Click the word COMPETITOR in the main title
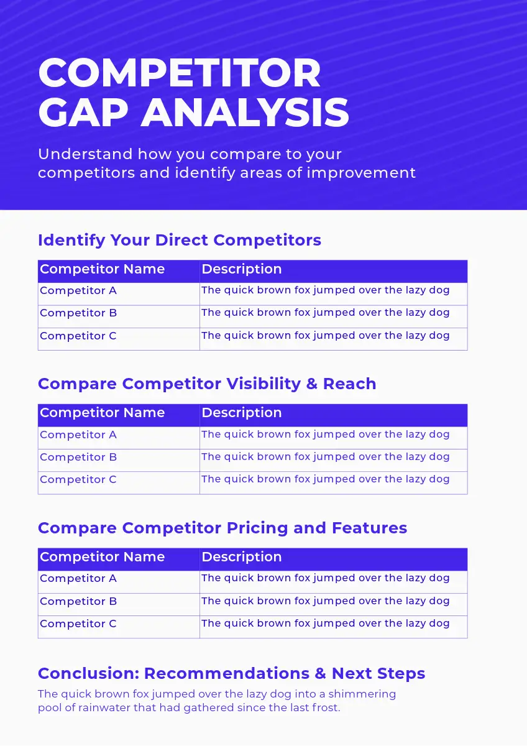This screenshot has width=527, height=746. [180, 73]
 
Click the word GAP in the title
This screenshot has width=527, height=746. [83, 113]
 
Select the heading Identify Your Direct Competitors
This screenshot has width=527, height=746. [180, 241]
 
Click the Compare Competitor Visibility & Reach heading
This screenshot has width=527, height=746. [207, 384]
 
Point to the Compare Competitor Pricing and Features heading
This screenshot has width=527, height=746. [222, 528]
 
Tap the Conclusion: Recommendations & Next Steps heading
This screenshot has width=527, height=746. [231, 673]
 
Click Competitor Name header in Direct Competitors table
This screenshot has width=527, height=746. [102, 269]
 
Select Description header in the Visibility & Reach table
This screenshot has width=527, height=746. [242, 413]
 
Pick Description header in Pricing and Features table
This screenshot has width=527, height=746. [242, 557]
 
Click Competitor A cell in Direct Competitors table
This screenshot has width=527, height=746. [78, 290]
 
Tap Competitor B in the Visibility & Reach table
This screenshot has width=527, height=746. [78, 457]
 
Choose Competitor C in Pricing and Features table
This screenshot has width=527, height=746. [78, 624]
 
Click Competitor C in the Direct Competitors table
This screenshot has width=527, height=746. [78, 336]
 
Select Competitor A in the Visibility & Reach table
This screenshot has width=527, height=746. [78, 435]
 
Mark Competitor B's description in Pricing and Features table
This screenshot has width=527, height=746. [326, 601]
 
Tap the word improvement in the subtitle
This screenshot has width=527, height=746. [361, 173]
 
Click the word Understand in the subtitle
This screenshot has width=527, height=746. [86, 154]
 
